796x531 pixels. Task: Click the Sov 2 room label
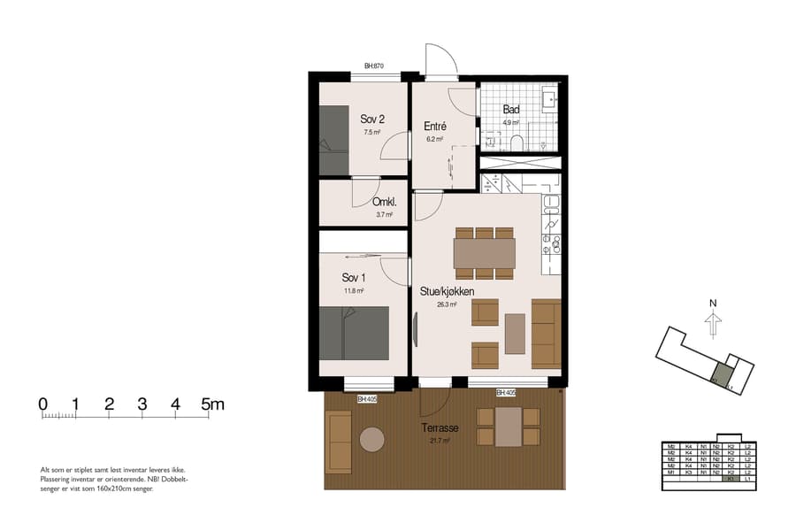click(x=371, y=119)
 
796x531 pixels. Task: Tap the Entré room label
click(x=434, y=127)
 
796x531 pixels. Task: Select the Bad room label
click(x=511, y=110)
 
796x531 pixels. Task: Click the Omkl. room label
click(x=384, y=201)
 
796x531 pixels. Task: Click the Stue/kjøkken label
click(x=447, y=291)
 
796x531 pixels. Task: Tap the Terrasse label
click(x=440, y=427)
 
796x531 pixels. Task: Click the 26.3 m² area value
click(x=447, y=304)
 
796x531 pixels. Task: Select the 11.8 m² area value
click(x=354, y=290)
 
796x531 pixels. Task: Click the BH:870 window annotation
click(x=373, y=66)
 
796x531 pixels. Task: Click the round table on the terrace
click(x=372, y=440)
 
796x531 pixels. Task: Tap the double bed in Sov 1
click(x=354, y=334)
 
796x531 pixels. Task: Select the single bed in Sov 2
click(x=333, y=140)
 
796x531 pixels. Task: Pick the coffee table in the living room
click(x=515, y=334)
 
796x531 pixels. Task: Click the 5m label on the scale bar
click(x=213, y=404)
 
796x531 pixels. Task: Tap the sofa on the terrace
click(x=339, y=442)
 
